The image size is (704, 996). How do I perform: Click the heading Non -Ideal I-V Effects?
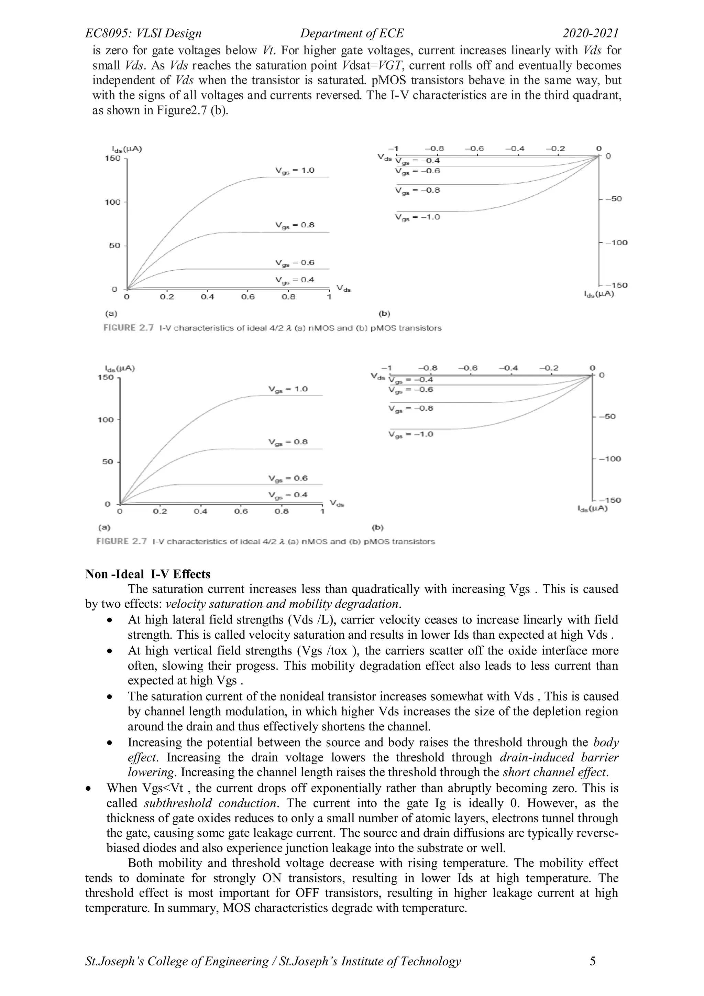(x=147, y=574)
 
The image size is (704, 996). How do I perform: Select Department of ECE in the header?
(x=352, y=33)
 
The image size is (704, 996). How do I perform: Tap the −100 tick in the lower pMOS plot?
(x=610, y=459)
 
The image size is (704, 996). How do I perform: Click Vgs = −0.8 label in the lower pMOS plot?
(x=411, y=408)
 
